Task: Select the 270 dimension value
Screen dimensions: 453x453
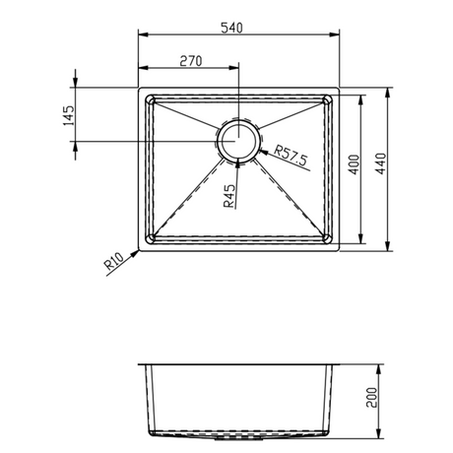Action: click(190, 60)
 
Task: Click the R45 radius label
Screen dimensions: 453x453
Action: click(228, 198)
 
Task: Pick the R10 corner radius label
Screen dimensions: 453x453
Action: click(111, 263)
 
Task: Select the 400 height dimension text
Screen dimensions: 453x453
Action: click(352, 169)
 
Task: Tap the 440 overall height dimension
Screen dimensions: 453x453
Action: click(379, 169)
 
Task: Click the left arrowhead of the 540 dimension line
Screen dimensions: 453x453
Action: click(141, 34)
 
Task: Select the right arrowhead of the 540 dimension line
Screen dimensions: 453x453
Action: click(336, 34)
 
